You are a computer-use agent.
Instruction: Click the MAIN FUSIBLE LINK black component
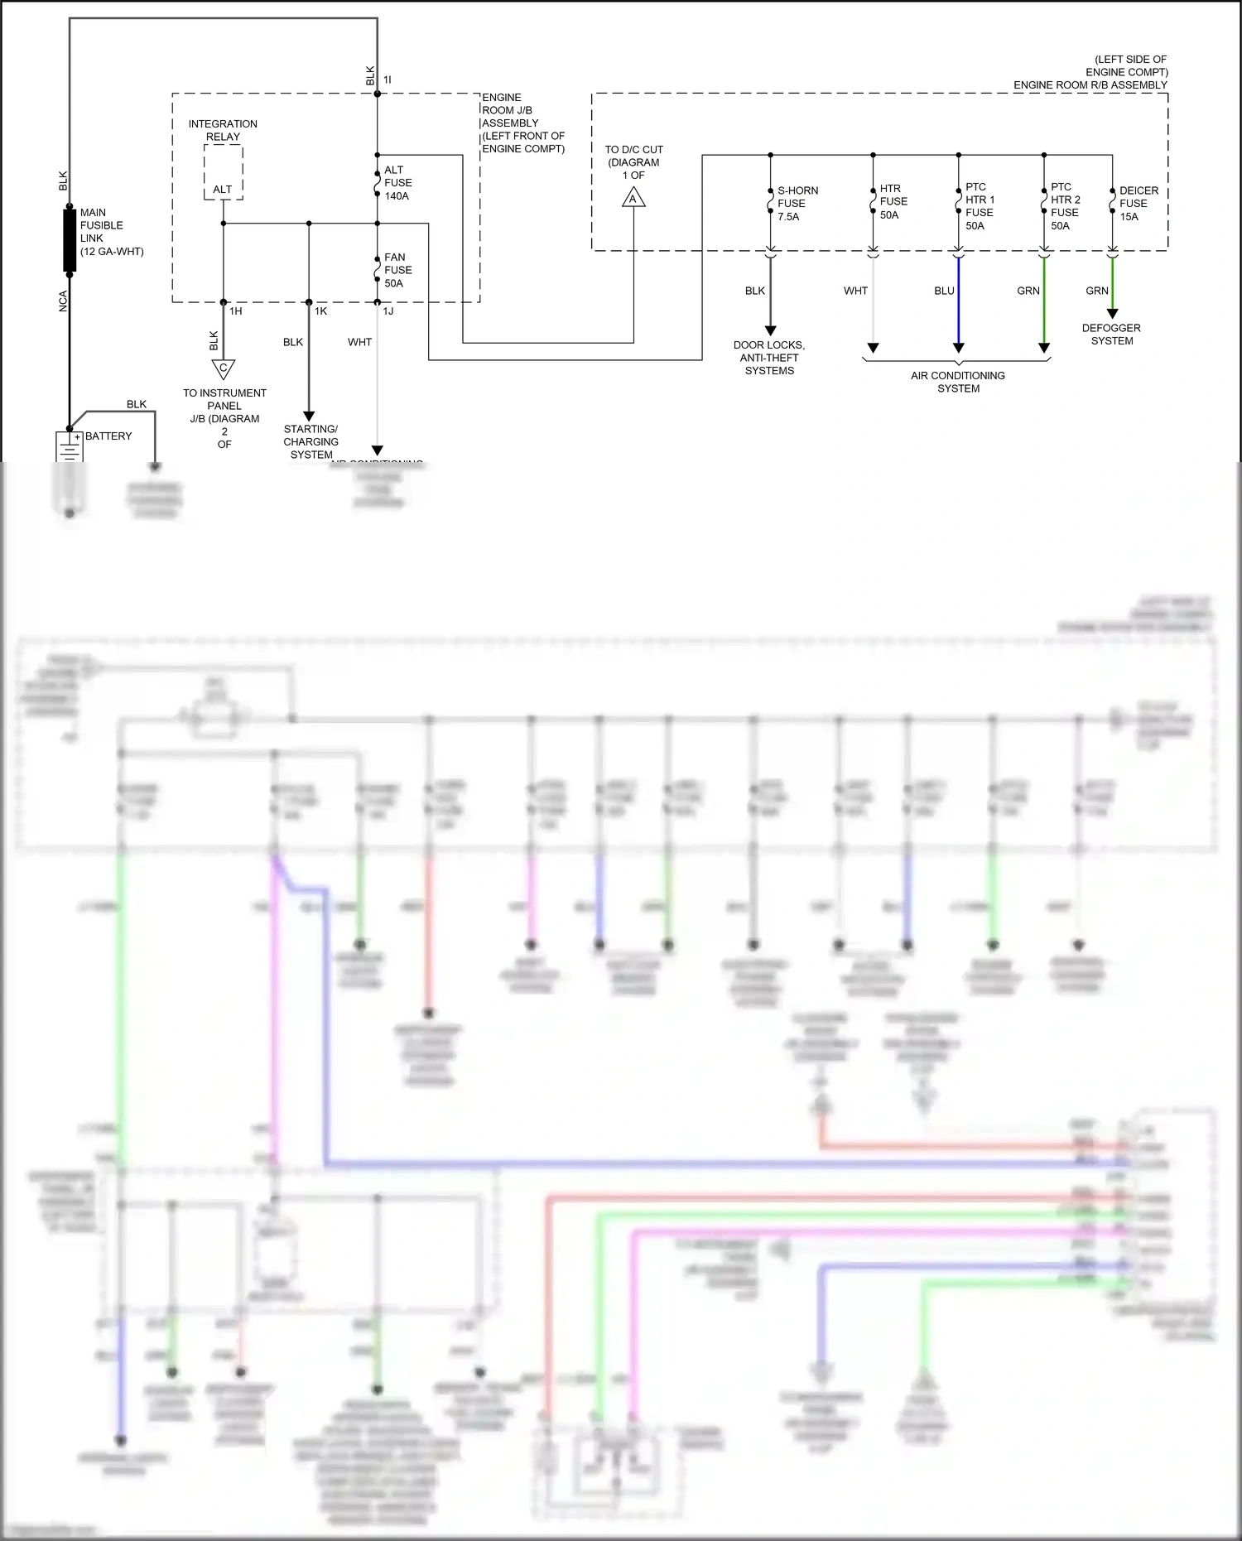tap(70, 241)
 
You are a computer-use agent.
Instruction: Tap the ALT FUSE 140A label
tap(397, 183)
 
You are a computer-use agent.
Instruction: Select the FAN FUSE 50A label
tap(397, 270)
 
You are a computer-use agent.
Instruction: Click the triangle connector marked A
tap(633, 198)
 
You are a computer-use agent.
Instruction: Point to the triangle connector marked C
tap(223, 368)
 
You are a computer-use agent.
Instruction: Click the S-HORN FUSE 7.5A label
tap(797, 204)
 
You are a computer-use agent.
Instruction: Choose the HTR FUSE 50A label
tap(893, 202)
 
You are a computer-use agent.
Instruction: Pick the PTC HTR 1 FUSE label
tap(980, 206)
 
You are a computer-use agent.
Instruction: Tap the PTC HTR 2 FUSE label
tap(1065, 206)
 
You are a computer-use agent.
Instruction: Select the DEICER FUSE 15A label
tap(1138, 204)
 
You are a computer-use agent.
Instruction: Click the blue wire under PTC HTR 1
tap(959, 302)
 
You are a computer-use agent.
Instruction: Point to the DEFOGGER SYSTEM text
tap(1111, 335)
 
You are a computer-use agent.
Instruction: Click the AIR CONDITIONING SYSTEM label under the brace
tap(958, 382)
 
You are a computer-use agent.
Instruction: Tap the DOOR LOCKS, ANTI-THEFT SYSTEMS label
tap(769, 358)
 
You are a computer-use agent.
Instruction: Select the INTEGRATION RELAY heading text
tap(223, 130)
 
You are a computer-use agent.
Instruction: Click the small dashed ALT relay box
tap(224, 172)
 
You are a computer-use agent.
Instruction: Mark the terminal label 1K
tap(320, 311)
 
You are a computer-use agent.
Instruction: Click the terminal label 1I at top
tap(387, 79)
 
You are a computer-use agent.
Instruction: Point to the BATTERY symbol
tap(70, 447)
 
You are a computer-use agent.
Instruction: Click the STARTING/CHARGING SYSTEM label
tap(310, 441)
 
